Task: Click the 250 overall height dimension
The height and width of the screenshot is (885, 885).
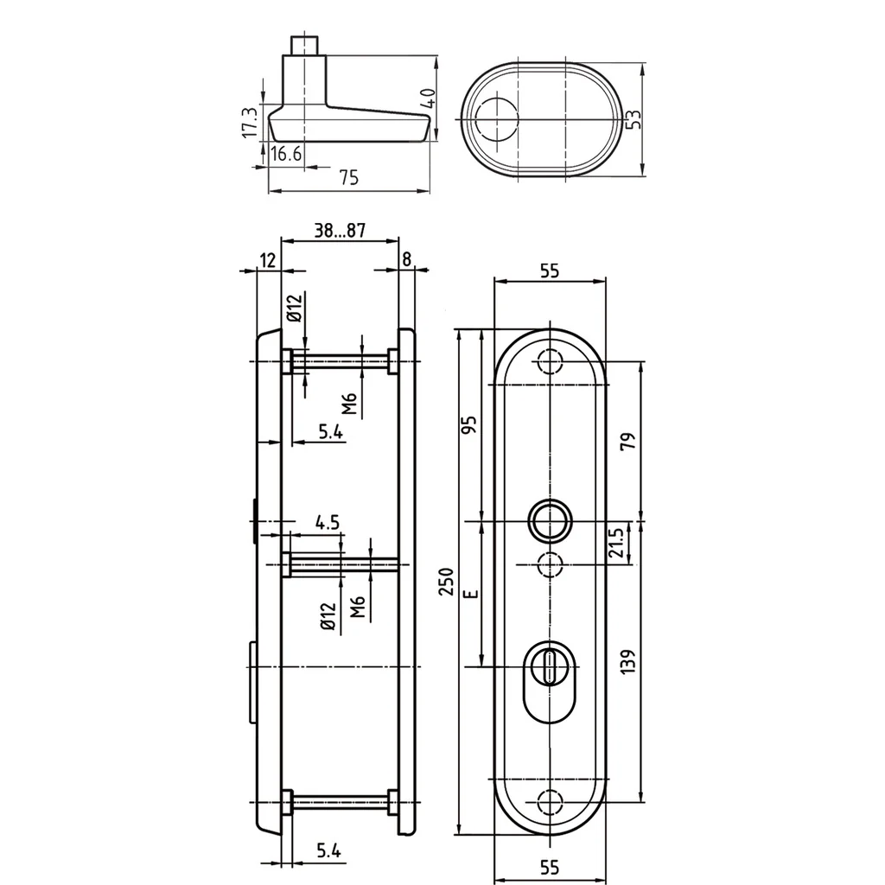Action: (446, 582)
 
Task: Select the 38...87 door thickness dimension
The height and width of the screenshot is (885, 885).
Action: (340, 230)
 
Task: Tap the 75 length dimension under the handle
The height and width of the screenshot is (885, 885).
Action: (349, 178)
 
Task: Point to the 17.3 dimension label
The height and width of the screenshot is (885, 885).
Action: (249, 122)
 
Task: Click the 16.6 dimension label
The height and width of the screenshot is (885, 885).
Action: (286, 154)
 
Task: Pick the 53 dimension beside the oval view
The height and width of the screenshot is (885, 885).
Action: (634, 119)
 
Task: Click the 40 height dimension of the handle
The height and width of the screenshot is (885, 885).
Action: (429, 99)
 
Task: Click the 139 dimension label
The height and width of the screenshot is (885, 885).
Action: (627, 661)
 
